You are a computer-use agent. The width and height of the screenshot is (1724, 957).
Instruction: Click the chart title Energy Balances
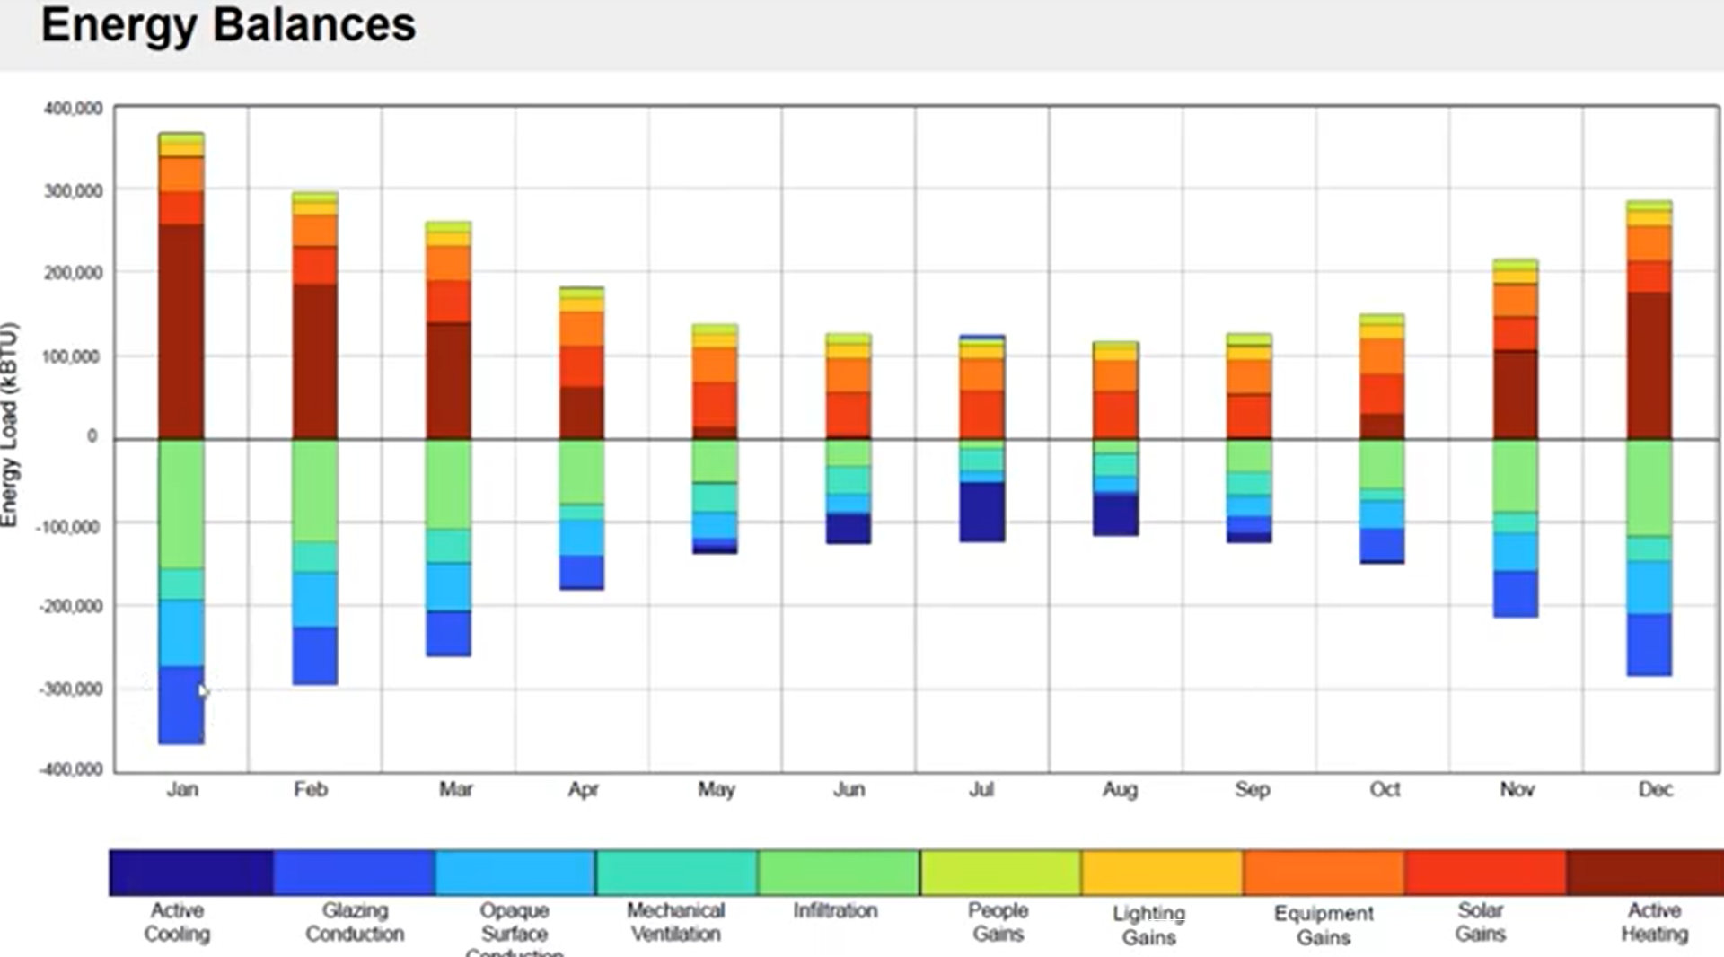point(228,25)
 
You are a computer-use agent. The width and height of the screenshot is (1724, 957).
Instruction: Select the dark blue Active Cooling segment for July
point(981,511)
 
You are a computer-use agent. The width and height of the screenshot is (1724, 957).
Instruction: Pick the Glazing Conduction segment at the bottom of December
point(1649,644)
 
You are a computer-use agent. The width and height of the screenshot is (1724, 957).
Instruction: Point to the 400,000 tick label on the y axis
point(74,109)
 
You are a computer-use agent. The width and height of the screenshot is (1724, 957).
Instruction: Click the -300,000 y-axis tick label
point(71,689)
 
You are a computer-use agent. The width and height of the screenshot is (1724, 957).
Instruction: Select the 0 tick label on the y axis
point(92,436)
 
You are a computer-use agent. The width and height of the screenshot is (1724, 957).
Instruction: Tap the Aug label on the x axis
point(1120,789)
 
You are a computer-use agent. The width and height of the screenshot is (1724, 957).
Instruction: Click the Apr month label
point(583,789)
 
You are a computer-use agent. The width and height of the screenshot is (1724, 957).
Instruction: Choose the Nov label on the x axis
point(1517,789)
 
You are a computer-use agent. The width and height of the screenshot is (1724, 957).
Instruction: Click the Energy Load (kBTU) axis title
point(10,425)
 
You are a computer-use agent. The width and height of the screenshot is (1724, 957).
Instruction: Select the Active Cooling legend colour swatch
point(190,873)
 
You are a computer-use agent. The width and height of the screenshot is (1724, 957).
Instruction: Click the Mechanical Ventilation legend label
point(675,922)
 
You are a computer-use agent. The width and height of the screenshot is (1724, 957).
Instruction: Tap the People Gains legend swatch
point(1000,873)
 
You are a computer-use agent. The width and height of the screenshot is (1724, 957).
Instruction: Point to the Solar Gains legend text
point(1480,922)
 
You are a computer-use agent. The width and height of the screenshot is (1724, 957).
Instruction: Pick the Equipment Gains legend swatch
point(1324,873)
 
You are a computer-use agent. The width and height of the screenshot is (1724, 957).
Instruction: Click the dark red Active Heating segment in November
point(1516,394)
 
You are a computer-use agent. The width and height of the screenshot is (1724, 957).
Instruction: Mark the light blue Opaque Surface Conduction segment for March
point(448,586)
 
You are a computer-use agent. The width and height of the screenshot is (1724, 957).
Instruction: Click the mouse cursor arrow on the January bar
point(203,691)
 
